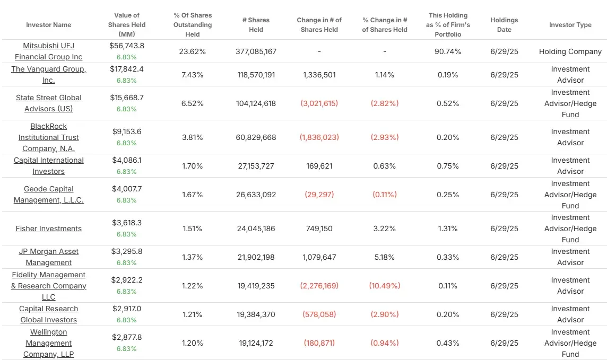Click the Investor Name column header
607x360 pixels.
[48, 25]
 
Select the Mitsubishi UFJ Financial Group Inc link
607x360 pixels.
[48, 51]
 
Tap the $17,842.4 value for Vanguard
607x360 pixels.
[126, 69]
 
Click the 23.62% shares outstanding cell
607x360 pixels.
[193, 51]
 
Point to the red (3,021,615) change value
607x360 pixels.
[319, 103]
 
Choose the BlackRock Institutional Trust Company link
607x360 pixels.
[48, 137]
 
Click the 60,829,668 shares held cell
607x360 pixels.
[256, 137]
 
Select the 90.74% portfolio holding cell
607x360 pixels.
[448, 51]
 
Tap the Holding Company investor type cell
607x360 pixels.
[570, 51]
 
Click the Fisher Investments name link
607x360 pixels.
[48, 229]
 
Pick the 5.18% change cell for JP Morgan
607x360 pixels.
[384, 257]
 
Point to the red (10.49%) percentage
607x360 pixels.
[384, 286]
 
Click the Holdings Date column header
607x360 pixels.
[504, 25]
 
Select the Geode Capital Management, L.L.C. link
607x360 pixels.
[48, 195]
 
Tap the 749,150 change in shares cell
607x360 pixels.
[319, 229]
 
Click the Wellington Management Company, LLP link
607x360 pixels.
[48, 343]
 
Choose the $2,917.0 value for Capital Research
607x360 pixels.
[126, 309]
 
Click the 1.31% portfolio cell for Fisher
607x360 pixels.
[448, 229]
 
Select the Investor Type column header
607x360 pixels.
[570, 25]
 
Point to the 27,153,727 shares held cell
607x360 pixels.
[256, 166]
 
